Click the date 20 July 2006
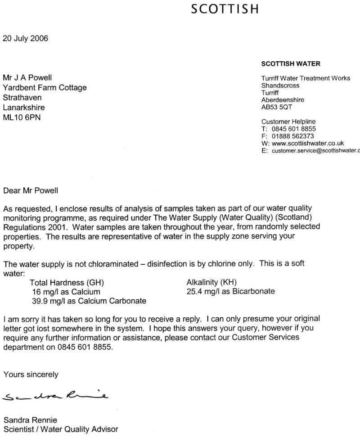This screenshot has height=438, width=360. tap(26, 38)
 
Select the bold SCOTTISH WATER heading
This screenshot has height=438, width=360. tap(291, 64)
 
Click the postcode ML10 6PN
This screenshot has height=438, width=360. tap(24, 117)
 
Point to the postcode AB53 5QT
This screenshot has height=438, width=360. tap(278, 107)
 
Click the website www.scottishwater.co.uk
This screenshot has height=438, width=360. tap(306, 143)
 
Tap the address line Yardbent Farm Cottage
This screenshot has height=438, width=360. tap(45, 87)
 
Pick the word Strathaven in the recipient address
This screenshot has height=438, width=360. tap(23, 97)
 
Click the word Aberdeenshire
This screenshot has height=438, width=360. tap(283, 100)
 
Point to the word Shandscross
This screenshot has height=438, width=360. tap(280, 86)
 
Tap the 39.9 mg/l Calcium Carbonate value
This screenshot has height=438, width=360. tap(82, 300)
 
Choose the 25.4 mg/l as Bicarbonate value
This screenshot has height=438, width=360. tap(230, 291)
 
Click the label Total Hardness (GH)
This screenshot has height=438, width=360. tap(67, 283)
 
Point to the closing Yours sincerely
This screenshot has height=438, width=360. tap(31, 374)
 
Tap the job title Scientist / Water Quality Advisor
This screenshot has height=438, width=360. tap(61, 429)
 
